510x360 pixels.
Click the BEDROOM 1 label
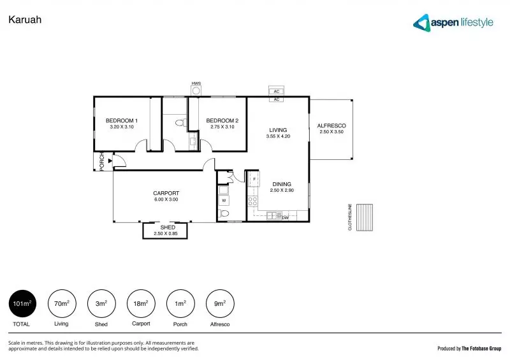tap(122, 120)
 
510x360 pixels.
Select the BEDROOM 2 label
tap(222, 120)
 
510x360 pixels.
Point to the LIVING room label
tap(278, 130)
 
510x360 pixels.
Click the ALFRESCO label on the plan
tap(331, 126)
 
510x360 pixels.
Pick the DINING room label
tap(281, 184)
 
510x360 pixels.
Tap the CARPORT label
tap(166, 193)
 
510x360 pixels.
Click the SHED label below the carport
tap(168, 227)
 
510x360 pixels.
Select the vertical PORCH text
tap(102, 162)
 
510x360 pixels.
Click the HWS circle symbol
tap(196, 90)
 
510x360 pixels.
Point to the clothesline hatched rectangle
tap(365, 218)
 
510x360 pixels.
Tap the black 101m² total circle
tap(22, 305)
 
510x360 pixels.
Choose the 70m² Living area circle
tap(61, 305)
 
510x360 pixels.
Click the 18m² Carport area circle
tap(141, 305)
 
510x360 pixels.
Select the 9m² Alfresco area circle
tap(220, 305)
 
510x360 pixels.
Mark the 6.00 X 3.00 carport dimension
tap(166, 199)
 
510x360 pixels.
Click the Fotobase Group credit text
tap(469, 349)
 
